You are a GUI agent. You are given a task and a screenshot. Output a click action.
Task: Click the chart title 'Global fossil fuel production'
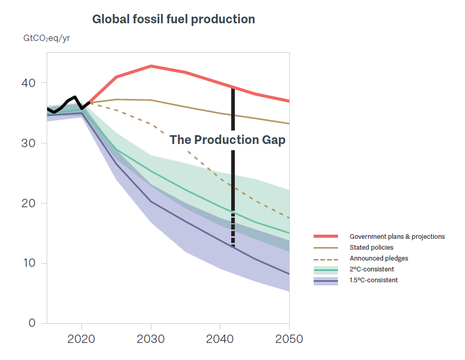(173, 20)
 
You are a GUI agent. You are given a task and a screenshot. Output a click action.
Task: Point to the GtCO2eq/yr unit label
(47, 39)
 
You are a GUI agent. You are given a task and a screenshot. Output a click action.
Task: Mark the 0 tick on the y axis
(32, 323)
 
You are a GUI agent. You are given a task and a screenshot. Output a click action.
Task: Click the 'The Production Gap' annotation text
(228, 140)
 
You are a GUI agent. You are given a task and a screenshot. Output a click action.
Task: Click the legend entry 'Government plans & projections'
(397, 237)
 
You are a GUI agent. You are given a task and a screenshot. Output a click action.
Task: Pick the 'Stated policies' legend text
(371, 248)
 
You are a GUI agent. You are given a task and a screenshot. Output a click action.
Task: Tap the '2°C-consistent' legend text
(372, 269)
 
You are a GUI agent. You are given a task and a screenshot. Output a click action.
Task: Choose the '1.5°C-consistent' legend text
(374, 280)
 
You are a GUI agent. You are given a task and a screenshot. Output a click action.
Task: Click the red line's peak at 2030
(151, 66)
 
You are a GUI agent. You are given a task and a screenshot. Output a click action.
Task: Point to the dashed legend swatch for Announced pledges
(326, 258)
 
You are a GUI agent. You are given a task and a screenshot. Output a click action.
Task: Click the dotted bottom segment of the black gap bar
(233, 231)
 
